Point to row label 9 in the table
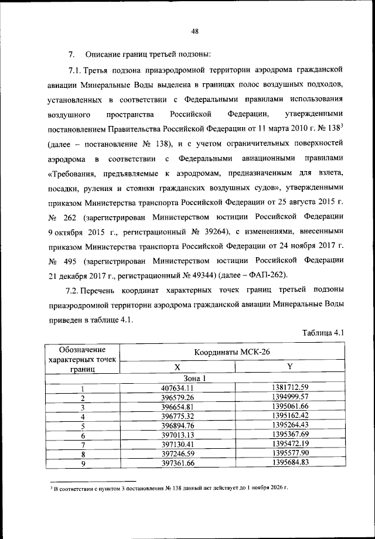(83, 465)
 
